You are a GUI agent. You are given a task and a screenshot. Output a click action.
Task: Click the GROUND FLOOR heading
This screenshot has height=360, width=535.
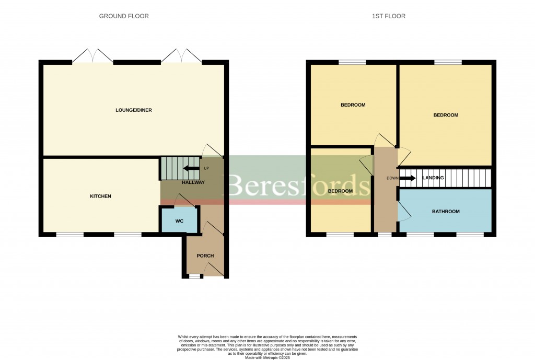tap(124, 16)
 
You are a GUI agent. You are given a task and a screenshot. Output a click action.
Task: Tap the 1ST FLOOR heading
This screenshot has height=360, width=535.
tap(388, 16)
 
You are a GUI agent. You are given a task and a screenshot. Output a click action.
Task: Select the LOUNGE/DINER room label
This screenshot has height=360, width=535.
tap(133, 110)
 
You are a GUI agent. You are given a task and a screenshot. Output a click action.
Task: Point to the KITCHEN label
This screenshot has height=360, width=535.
tap(100, 196)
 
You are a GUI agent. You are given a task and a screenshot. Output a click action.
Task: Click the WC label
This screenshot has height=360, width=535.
tap(179, 221)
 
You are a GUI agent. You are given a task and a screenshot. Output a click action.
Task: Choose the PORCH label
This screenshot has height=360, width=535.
tap(205, 256)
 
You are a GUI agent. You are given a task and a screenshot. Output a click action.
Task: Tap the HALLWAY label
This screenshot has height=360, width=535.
tap(193, 182)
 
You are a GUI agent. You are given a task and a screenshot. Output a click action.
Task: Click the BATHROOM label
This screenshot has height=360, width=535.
tap(445, 212)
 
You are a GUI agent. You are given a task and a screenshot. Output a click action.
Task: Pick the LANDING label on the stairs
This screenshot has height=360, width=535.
tap(433, 178)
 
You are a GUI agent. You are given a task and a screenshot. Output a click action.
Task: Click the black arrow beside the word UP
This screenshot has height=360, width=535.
tap(191, 168)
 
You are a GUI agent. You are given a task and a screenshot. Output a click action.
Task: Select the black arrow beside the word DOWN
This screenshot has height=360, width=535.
tap(408, 178)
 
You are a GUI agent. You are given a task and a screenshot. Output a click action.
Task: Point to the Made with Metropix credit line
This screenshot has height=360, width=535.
tap(267, 357)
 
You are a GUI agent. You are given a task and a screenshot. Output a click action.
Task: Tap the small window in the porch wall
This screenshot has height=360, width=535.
tap(194, 276)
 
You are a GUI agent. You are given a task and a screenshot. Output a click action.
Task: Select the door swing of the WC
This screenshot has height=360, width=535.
tap(183, 200)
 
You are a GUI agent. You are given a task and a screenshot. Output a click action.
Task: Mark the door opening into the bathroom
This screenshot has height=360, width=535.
tap(404, 212)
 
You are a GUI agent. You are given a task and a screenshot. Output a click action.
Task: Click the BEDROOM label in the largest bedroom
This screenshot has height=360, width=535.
tap(445, 115)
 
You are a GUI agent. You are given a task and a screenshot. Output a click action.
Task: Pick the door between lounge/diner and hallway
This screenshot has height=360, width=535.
tap(213, 150)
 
